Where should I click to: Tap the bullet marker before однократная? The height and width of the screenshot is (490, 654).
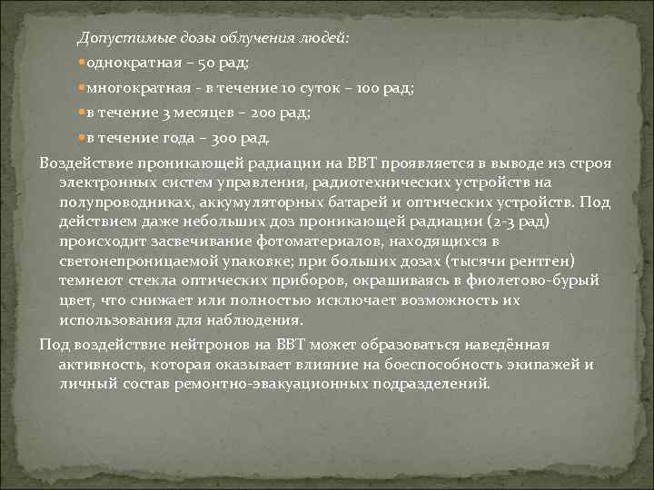pyautogui.click(x=82, y=64)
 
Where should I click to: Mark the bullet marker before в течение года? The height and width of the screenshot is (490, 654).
pyautogui.click(x=82, y=139)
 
